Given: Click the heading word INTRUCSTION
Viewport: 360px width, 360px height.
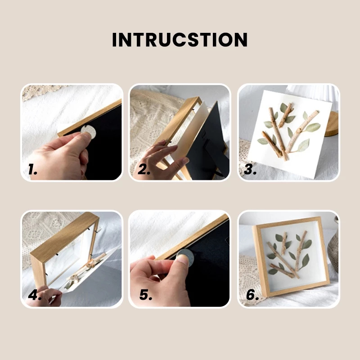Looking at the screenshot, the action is coord(180,40).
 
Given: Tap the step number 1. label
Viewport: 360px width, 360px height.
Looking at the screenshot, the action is coord(32,170).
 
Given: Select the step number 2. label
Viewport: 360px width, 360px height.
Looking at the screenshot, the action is coord(144,170).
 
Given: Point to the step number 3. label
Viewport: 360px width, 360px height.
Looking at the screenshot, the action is coord(250,170).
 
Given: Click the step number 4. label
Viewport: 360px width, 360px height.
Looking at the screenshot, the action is coord(35,295).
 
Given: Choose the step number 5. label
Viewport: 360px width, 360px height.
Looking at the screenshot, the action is coord(146,295).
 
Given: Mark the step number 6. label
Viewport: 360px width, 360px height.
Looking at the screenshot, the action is coord(252,295).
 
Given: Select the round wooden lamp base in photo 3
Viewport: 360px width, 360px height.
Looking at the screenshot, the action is coord(332,124).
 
